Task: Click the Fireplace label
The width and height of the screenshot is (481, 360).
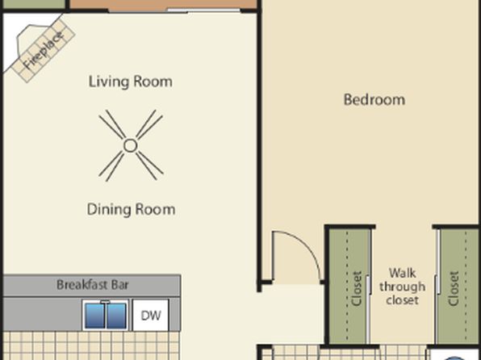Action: [x=44, y=50]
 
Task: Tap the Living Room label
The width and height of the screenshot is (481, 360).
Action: [x=131, y=82]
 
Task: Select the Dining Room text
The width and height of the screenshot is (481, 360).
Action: [x=131, y=209]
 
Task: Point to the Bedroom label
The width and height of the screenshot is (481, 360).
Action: [x=374, y=100]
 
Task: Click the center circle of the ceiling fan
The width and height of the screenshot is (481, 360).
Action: [x=131, y=145]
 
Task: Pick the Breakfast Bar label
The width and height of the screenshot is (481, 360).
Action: [x=92, y=285]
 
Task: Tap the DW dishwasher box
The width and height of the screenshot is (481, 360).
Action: [x=151, y=315]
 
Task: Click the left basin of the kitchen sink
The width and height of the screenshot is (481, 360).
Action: [x=94, y=316]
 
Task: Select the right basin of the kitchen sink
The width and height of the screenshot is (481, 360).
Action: [x=116, y=316]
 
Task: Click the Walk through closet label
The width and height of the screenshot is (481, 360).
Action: [x=402, y=287]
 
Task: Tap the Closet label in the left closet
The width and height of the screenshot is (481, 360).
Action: [x=358, y=288]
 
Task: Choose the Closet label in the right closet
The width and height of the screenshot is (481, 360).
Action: [x=454, y=288]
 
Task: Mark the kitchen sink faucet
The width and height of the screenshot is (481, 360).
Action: [x=105, y=303]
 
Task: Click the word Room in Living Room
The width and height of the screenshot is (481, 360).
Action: [x=153, y=82]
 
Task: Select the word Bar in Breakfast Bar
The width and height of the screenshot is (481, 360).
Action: [x=120, y=285]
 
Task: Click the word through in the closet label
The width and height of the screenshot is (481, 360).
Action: [x=402, y=287]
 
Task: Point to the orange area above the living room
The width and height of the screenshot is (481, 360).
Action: [x=163, y=4]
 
